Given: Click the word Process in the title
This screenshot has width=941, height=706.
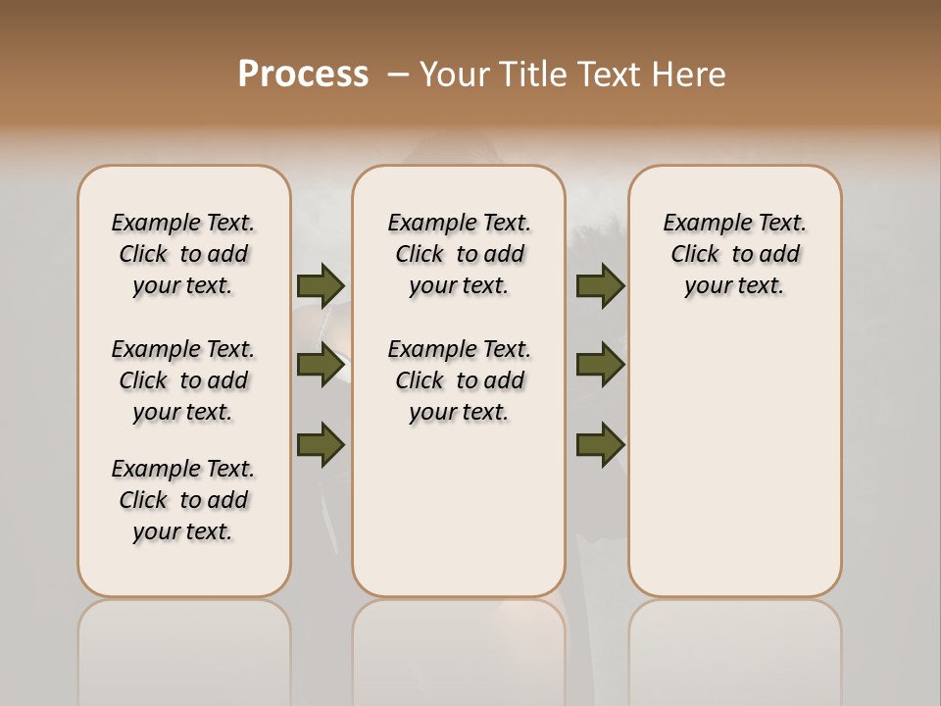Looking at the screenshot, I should pos(303,75).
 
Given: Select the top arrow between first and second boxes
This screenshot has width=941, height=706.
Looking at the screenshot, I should pos(321,285).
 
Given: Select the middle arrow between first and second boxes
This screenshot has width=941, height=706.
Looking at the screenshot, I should pos(321,365).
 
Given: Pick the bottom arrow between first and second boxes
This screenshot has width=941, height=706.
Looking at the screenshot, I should pos(321,444).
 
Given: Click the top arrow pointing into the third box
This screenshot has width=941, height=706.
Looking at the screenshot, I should pos(600,285).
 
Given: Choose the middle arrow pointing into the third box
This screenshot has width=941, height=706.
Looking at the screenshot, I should pos(600,365).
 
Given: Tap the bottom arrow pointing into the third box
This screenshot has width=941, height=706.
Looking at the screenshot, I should pos(600,444).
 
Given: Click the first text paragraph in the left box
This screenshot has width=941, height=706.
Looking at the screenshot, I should pos(183,254).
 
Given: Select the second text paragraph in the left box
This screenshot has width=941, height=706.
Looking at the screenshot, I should pos(183,380).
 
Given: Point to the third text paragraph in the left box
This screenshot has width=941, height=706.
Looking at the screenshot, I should pos(183,500).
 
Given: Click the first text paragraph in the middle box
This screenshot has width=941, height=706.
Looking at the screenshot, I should pos(459,254).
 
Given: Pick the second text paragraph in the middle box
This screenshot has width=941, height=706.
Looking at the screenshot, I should pos(459,380).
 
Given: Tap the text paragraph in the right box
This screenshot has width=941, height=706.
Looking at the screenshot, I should pos(734,254).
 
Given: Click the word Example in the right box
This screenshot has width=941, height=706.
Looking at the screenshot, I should pos(700,224).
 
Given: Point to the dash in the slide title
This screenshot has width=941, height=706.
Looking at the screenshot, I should pos(398,75).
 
